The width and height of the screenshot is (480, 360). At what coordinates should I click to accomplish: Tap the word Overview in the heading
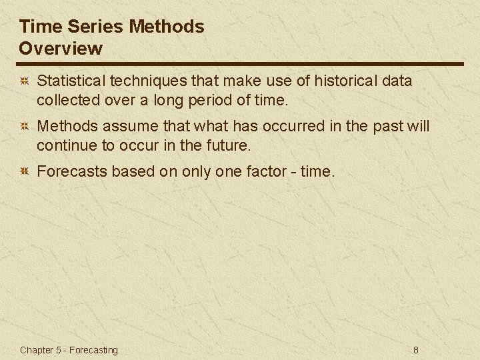click(x=61, y=48)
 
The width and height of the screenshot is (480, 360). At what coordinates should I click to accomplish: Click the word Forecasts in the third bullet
click(x=71, y=171)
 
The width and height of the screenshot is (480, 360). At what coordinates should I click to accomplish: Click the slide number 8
click(x=416, y=350)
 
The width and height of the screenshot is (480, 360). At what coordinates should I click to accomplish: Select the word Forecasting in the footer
click(x=93, y=350)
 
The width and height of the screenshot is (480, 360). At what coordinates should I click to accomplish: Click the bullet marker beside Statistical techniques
click(x=23, y=81)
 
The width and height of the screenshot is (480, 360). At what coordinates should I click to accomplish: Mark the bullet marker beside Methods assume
click(x=23, y=126)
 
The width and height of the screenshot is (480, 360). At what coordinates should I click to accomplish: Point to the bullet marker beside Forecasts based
click(x=23, y=171)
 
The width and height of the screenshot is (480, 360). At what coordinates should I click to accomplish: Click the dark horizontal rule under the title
click(x=240, y=64)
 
